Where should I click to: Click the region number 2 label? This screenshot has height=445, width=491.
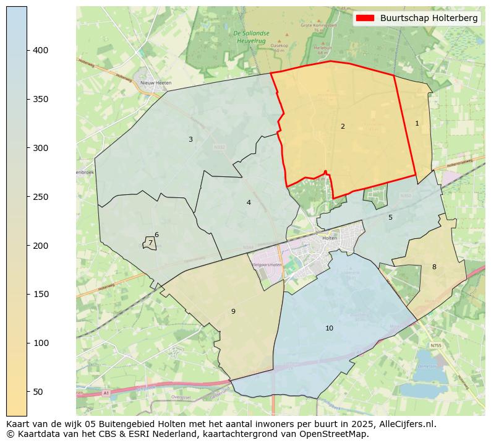click(x=343, y=126)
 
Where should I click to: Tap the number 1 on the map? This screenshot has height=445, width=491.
click(x=417, y=123)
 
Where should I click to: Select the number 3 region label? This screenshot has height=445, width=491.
click(x=190, y=139)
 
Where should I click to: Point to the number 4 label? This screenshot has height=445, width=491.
click(x=249, y=202)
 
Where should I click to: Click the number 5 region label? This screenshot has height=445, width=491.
click(x=390, y=217)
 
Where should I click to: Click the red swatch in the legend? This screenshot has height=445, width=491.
click(x=365, y=19)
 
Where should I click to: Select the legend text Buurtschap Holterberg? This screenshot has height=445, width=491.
click(x=429, y=19)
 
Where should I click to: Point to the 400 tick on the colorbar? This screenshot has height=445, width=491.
click(x=41, y=50)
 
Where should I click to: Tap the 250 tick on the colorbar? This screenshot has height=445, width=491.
click(x=41, y=197)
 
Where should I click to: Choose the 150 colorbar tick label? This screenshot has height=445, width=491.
click(x=41, y=295)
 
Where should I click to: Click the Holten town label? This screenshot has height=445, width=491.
click(x=330, y=238)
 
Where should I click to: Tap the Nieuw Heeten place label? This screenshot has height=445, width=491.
click(x=156, y=82)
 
